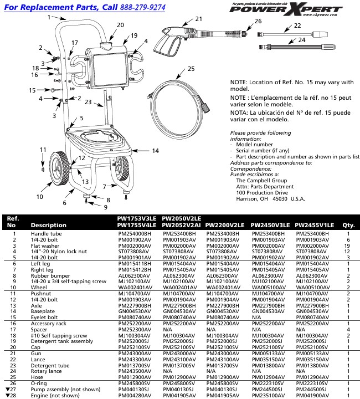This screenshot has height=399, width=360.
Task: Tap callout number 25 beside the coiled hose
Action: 192,69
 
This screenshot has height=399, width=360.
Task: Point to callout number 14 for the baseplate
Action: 155,151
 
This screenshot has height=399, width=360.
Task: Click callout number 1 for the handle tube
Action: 49,17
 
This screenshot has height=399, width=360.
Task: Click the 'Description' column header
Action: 48,226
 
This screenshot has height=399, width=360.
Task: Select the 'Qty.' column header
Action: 348,226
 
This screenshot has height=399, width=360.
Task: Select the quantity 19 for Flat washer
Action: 348,245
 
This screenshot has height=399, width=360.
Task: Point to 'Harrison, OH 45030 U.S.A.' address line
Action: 270,198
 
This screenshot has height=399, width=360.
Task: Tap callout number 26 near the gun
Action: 258,21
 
